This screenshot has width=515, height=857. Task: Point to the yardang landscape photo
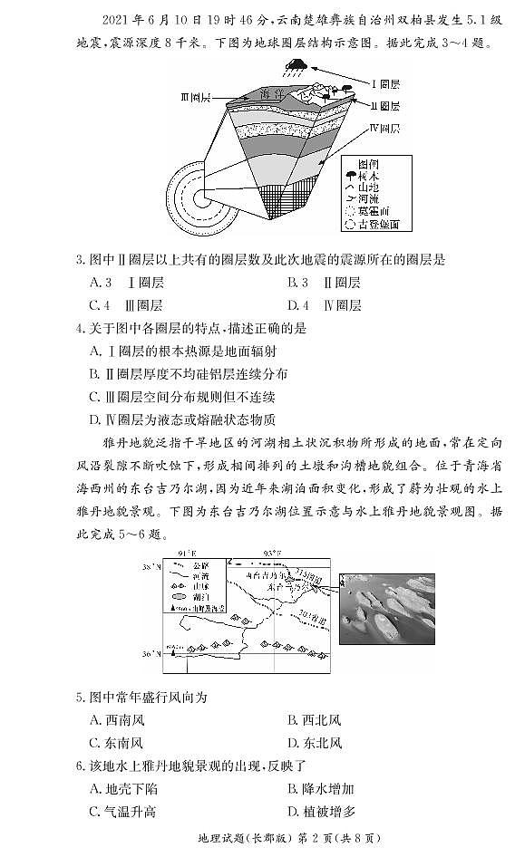point(386,602)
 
